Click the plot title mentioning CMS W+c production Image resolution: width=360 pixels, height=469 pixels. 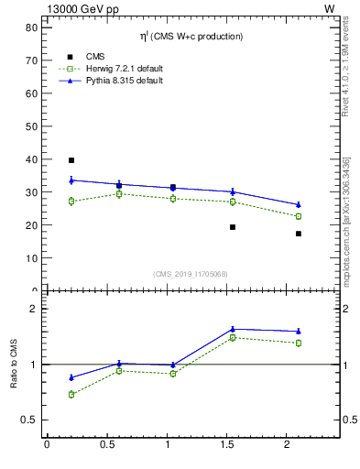click(x=191, y=37)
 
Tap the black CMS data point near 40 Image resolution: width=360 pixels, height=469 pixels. click(x=71, y=160)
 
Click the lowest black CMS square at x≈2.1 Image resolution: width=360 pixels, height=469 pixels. click(x=299, y=234)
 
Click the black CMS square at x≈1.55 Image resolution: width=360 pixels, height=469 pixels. click(x=233, y=226)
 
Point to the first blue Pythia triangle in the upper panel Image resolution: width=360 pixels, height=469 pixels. click(x=71, y=180)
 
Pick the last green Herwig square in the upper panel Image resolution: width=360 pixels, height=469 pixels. click(x=299, y=216)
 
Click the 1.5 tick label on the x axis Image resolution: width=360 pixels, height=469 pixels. click(x=227, y=445)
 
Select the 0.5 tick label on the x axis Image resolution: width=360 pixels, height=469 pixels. click(x=106, y=445)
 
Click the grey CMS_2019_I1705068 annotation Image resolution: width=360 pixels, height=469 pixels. click(x=191, y=272)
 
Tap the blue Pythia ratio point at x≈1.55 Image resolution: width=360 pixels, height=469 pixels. click(x=233, y=329)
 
